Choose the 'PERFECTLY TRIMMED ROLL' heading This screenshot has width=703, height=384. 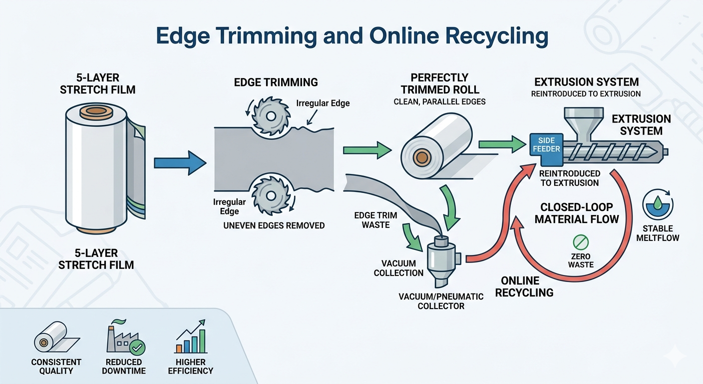coord(439,84)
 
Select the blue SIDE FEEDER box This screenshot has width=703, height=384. coord(547,145)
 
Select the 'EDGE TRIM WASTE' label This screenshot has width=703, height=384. coord(376,220)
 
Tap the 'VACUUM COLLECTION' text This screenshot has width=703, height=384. coord(402,268)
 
